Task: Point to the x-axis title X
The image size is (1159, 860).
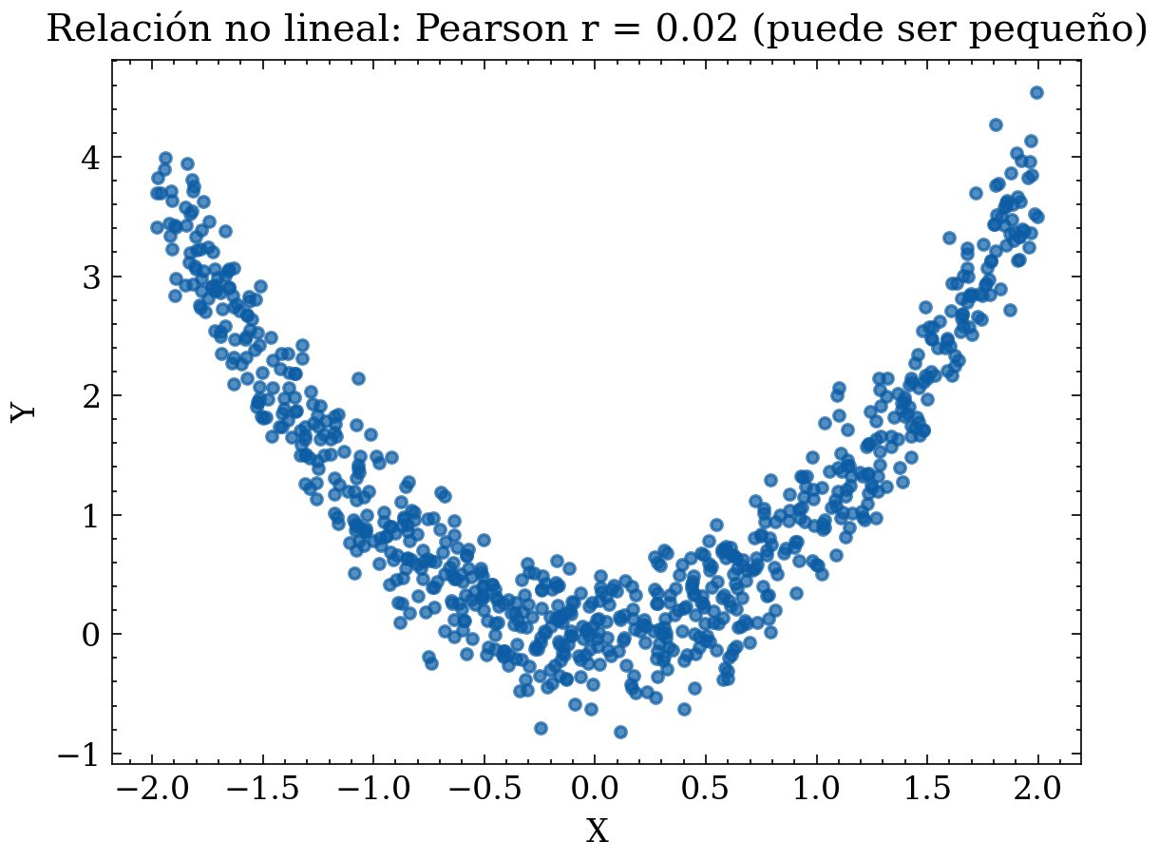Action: point(596,831)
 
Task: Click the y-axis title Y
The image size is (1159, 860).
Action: point(25,411)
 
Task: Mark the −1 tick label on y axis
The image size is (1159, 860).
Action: point(79,754)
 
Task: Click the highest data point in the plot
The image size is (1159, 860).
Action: point(1036,92)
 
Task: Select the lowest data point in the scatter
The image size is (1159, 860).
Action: point(620,732)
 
